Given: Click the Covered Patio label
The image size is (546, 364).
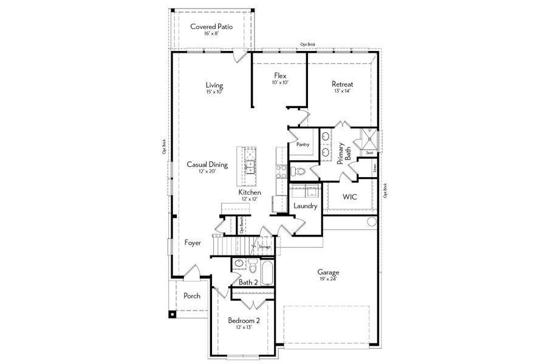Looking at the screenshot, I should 211,26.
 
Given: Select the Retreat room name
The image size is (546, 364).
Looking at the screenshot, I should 342,84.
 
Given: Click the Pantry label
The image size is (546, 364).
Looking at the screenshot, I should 303,144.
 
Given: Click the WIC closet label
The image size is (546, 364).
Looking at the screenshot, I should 349,197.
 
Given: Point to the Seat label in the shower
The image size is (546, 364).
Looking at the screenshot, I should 369,153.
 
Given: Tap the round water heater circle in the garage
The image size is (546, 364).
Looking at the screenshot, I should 372,223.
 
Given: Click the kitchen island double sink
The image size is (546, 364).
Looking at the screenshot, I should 250,163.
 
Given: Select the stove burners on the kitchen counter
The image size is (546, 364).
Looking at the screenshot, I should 280,172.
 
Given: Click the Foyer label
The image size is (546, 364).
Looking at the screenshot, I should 193,243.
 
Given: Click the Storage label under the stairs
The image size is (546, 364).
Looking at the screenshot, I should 265,247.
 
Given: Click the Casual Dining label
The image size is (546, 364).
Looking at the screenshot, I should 207,164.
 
